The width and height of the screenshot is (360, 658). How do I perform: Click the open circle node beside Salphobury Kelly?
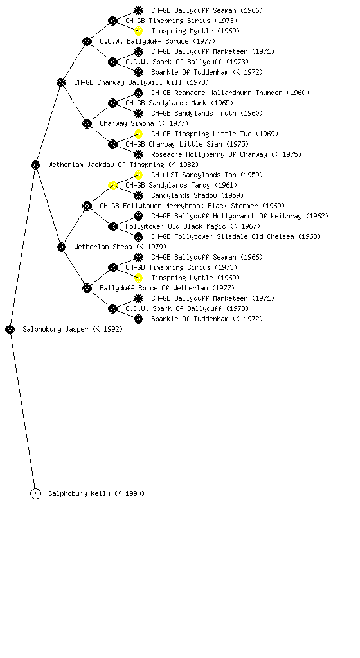35,494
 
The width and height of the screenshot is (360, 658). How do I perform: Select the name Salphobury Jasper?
55,330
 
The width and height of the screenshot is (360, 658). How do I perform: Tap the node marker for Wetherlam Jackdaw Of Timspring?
35,165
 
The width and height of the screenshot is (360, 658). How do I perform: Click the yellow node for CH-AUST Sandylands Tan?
138,175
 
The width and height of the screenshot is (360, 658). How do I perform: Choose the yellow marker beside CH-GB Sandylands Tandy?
113,186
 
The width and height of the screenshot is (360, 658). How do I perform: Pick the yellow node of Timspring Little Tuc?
138,134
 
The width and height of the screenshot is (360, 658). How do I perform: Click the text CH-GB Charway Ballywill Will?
128,83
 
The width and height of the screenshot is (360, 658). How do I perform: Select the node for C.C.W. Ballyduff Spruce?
87,42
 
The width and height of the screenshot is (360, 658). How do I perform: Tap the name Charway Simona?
127,124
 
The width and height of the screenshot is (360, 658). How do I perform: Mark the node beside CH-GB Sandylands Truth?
138,113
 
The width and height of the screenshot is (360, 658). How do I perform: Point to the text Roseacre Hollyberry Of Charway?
209,154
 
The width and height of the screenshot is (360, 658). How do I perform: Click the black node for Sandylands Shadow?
138,195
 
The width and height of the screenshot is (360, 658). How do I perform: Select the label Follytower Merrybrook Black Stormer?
190,206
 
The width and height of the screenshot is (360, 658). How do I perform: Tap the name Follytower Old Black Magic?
175,227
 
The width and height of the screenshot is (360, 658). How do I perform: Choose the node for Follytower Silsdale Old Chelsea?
138,236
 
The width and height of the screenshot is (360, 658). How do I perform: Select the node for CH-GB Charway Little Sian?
113,145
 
